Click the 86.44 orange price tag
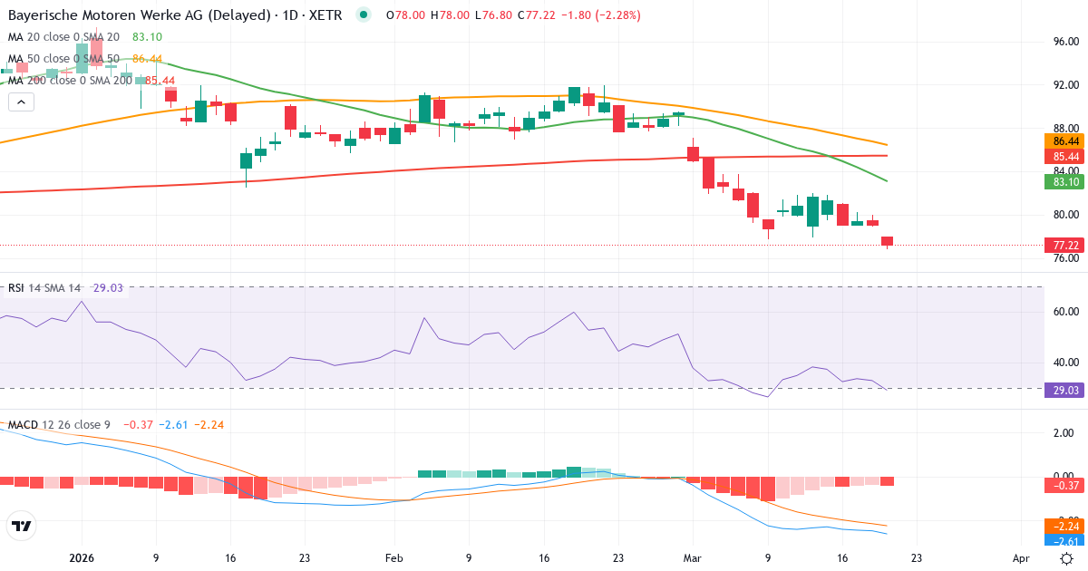(1066, 141)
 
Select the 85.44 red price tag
(1066, 156)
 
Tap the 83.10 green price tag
(1066, 182)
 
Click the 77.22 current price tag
(1066, 246)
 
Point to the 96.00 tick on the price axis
(1065, 42)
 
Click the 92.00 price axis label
(1065, 84)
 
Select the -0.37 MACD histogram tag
(1066, 486)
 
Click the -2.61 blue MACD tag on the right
(1066, 540)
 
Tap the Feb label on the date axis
(393, 558)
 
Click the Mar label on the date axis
(693, 558)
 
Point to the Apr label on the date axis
(1021, 558)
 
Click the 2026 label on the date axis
(82, 558)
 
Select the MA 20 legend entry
(63, 36)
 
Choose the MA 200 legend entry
(69, 80)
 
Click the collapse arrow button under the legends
(21, 102)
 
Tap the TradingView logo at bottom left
(21, 526)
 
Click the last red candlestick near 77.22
(887, 241)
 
